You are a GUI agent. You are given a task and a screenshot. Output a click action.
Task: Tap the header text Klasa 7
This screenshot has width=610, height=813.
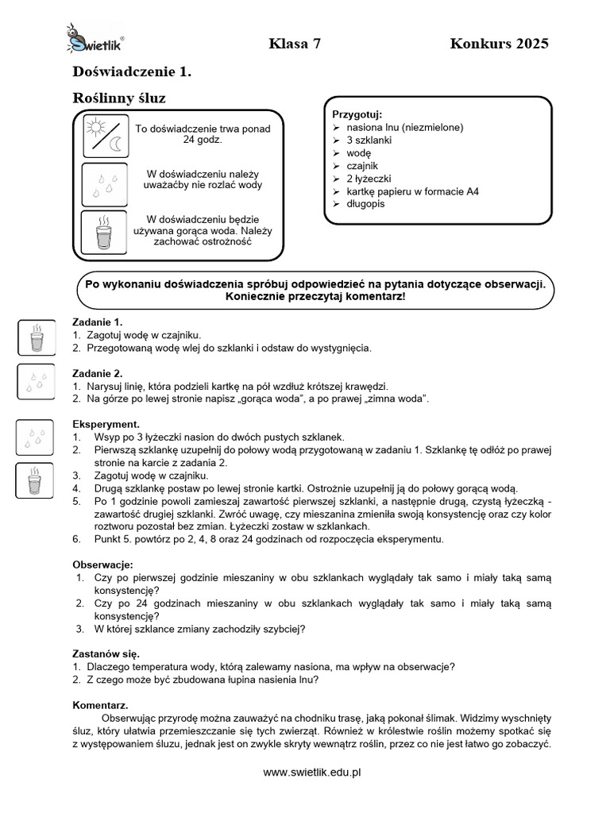pyautogui.click(x=295, y=44)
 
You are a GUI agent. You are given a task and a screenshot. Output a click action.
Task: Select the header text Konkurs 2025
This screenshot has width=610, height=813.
pyautogui.click(x=499, y=44)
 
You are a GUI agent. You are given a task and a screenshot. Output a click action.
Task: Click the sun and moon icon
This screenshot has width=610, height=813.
pyautogui.click(x=106, y=136)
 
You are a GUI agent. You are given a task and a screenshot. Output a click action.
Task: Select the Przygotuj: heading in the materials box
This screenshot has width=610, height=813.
pyautogui.click(x=357, y=114)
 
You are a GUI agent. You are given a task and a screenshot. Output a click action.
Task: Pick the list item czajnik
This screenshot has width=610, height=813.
pyautogui.click(x=364, y=165)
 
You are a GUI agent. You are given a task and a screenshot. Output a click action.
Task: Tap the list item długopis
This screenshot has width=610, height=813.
pyautogui.click(x=365, y=204)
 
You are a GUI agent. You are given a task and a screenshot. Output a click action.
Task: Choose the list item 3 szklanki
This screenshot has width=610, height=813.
pyautogui.click(x=369, y=140)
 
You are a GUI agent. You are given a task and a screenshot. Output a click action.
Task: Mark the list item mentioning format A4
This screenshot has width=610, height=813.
pyautogui.click(x=412, y=191)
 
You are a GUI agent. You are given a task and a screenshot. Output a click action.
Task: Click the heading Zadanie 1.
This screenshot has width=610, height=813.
pyautogui.click(x=98, y=322)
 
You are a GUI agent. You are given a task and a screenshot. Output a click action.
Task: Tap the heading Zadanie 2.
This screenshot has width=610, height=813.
pyautogui.click(x=98, y=373)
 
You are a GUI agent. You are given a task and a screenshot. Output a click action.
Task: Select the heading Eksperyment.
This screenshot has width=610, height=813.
pyautogui.click(x=106, y=424)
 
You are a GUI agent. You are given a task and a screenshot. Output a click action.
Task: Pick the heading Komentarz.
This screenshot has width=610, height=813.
pyautogui.click(x=100, y=705)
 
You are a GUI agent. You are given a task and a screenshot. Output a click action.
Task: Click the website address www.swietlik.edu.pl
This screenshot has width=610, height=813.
pyautogui.click(x=312, y=772)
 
